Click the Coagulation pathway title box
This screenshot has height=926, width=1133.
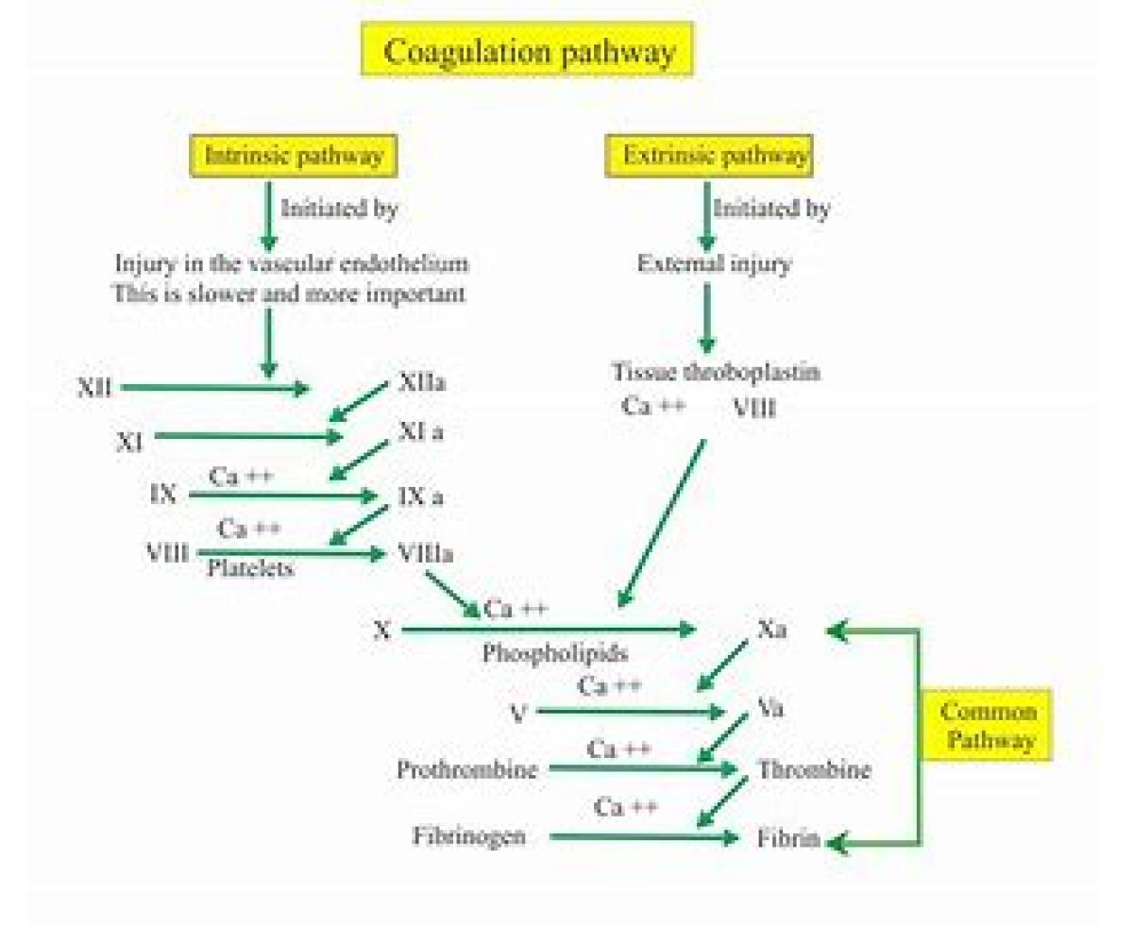(x=528, y=51)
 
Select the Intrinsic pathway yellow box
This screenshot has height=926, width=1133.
(x=294, y=156)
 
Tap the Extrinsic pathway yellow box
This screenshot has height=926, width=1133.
(x=709, y=156)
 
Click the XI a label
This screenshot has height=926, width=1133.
(x=420, y=432)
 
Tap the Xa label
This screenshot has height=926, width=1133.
(x=771, y=630)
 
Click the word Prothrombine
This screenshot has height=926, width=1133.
(x=467, y=769)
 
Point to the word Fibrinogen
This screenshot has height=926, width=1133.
(x=469, y=835)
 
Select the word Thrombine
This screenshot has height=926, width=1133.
(x=814, y=769)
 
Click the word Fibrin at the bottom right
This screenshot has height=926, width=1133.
(x=788, y=838)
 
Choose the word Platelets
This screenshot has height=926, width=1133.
(x=250, y=568)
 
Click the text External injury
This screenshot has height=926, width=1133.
(x=714, y=264)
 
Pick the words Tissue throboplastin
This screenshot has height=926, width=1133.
(x=715, y=372)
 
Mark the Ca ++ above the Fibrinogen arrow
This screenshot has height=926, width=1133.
(x=626, y=807)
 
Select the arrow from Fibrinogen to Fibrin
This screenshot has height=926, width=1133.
(x=642, y=836)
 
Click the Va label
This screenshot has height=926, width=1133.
(x=770, y=708)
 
